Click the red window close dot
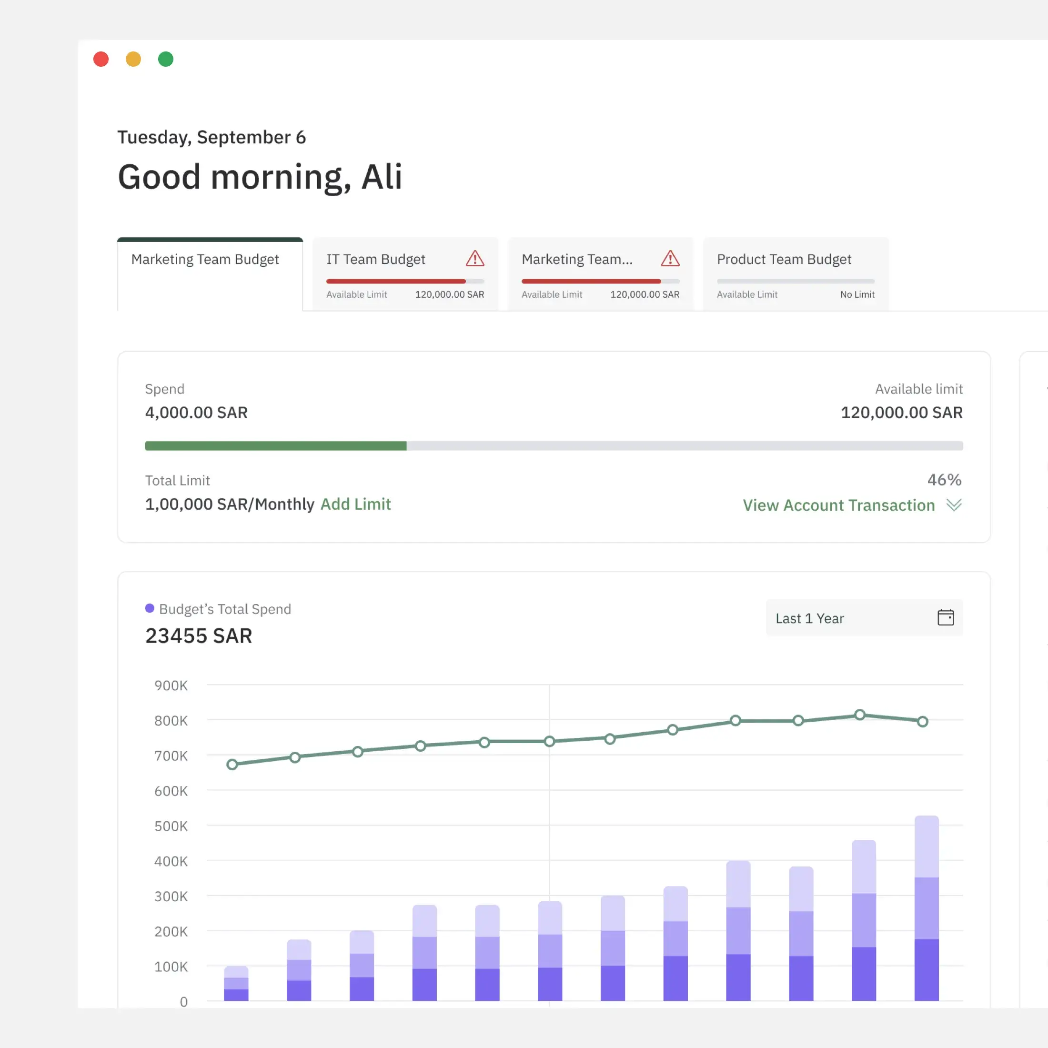click(x=101, y=59)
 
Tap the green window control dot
click(x=165, y=59)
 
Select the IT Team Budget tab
click(x=375, y=259)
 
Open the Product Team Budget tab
click(x=784, y=259)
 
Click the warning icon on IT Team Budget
click(x=474, y=259)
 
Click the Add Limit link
click(x=355, y=504)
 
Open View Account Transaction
click(x=838, y=505)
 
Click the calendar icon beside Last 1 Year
click(x=945, y=617)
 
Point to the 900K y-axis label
click(x=171, y=685)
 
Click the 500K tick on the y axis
click(x=171, y=826)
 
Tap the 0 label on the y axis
click(x=183, y=1002)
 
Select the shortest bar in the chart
click(x=236, y=983)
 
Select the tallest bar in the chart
click(x=926, y=908)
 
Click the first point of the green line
click(x=232, y=764)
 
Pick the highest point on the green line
click(x=860, y=715)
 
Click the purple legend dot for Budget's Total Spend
click(x=150, y=608)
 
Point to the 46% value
click(x=944, y=480)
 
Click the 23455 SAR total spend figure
click(x=199, y=636)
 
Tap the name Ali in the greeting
click(x=382, y=177)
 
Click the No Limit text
click(x=857, y=294)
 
